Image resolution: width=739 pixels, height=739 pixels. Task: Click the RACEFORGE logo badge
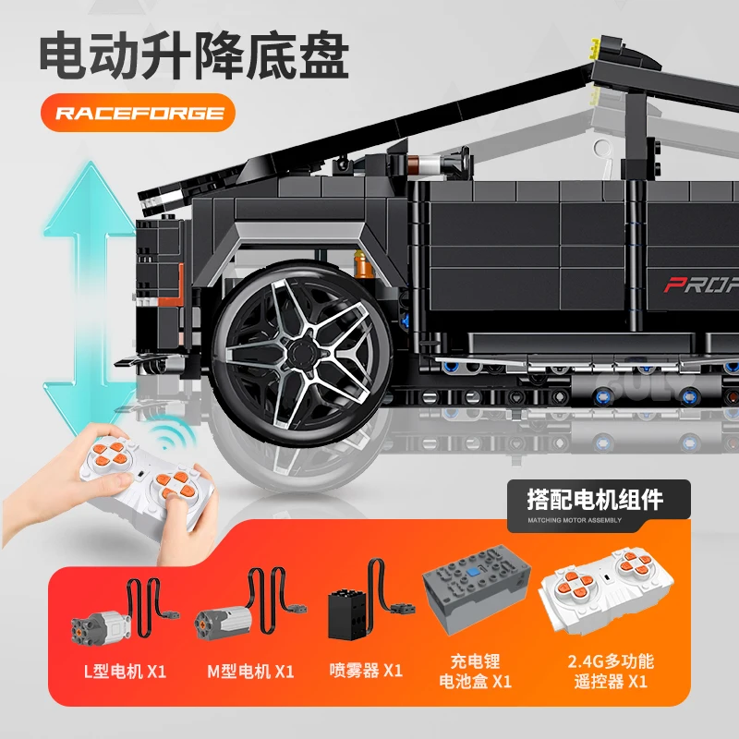[x=139, y=114]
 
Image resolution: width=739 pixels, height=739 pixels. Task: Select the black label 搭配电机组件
[x=594, y=502]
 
